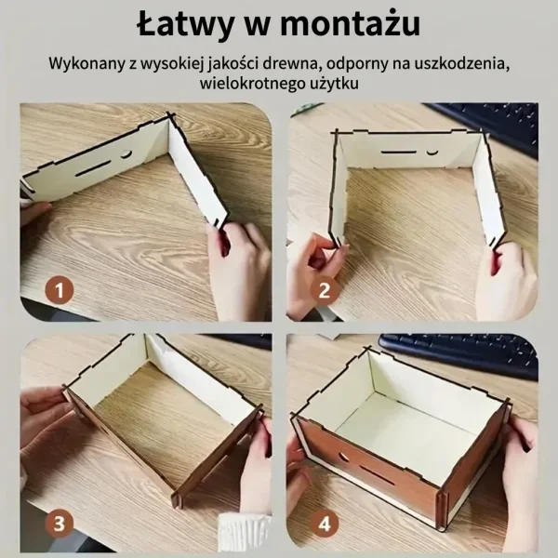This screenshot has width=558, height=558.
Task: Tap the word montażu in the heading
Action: click(x=351, y=24)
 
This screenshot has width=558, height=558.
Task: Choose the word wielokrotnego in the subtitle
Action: click(x=250, y=84)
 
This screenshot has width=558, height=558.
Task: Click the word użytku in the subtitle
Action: click(x=332, y=85)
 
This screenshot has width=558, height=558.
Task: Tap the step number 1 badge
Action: click(x=60, y=290)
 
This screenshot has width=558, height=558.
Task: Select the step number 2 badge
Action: click(x=325, y=290)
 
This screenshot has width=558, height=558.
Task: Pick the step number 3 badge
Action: click(x=60, y=524)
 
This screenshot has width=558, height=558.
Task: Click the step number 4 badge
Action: click(x=325, y=524)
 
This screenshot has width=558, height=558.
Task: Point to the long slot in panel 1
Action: click(x=94, y=167)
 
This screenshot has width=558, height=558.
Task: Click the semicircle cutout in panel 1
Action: click(x=126, y=154)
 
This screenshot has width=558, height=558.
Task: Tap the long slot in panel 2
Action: click(x=399, y=153)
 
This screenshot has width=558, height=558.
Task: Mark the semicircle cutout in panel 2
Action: click(x=432, y=152)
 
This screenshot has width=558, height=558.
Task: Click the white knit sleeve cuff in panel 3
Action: click(x=243, y=532)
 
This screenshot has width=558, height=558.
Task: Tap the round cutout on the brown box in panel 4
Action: click(x=344, y=456)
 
